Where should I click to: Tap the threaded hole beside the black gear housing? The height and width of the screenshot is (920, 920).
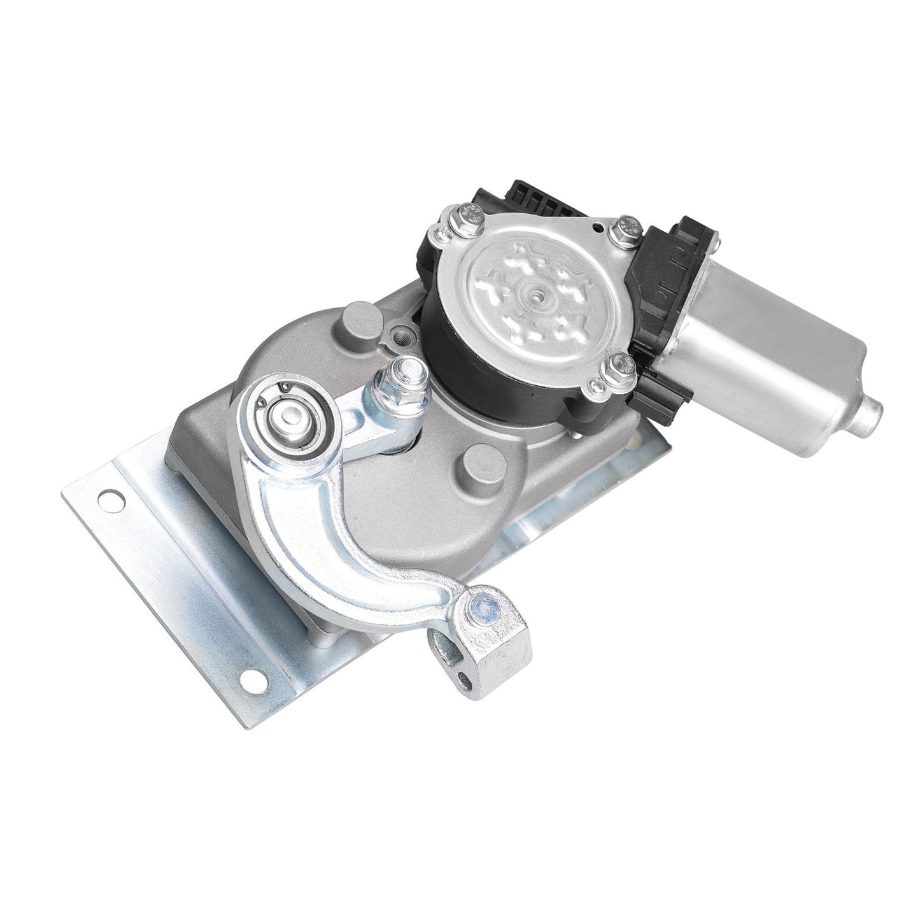(402, 331)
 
